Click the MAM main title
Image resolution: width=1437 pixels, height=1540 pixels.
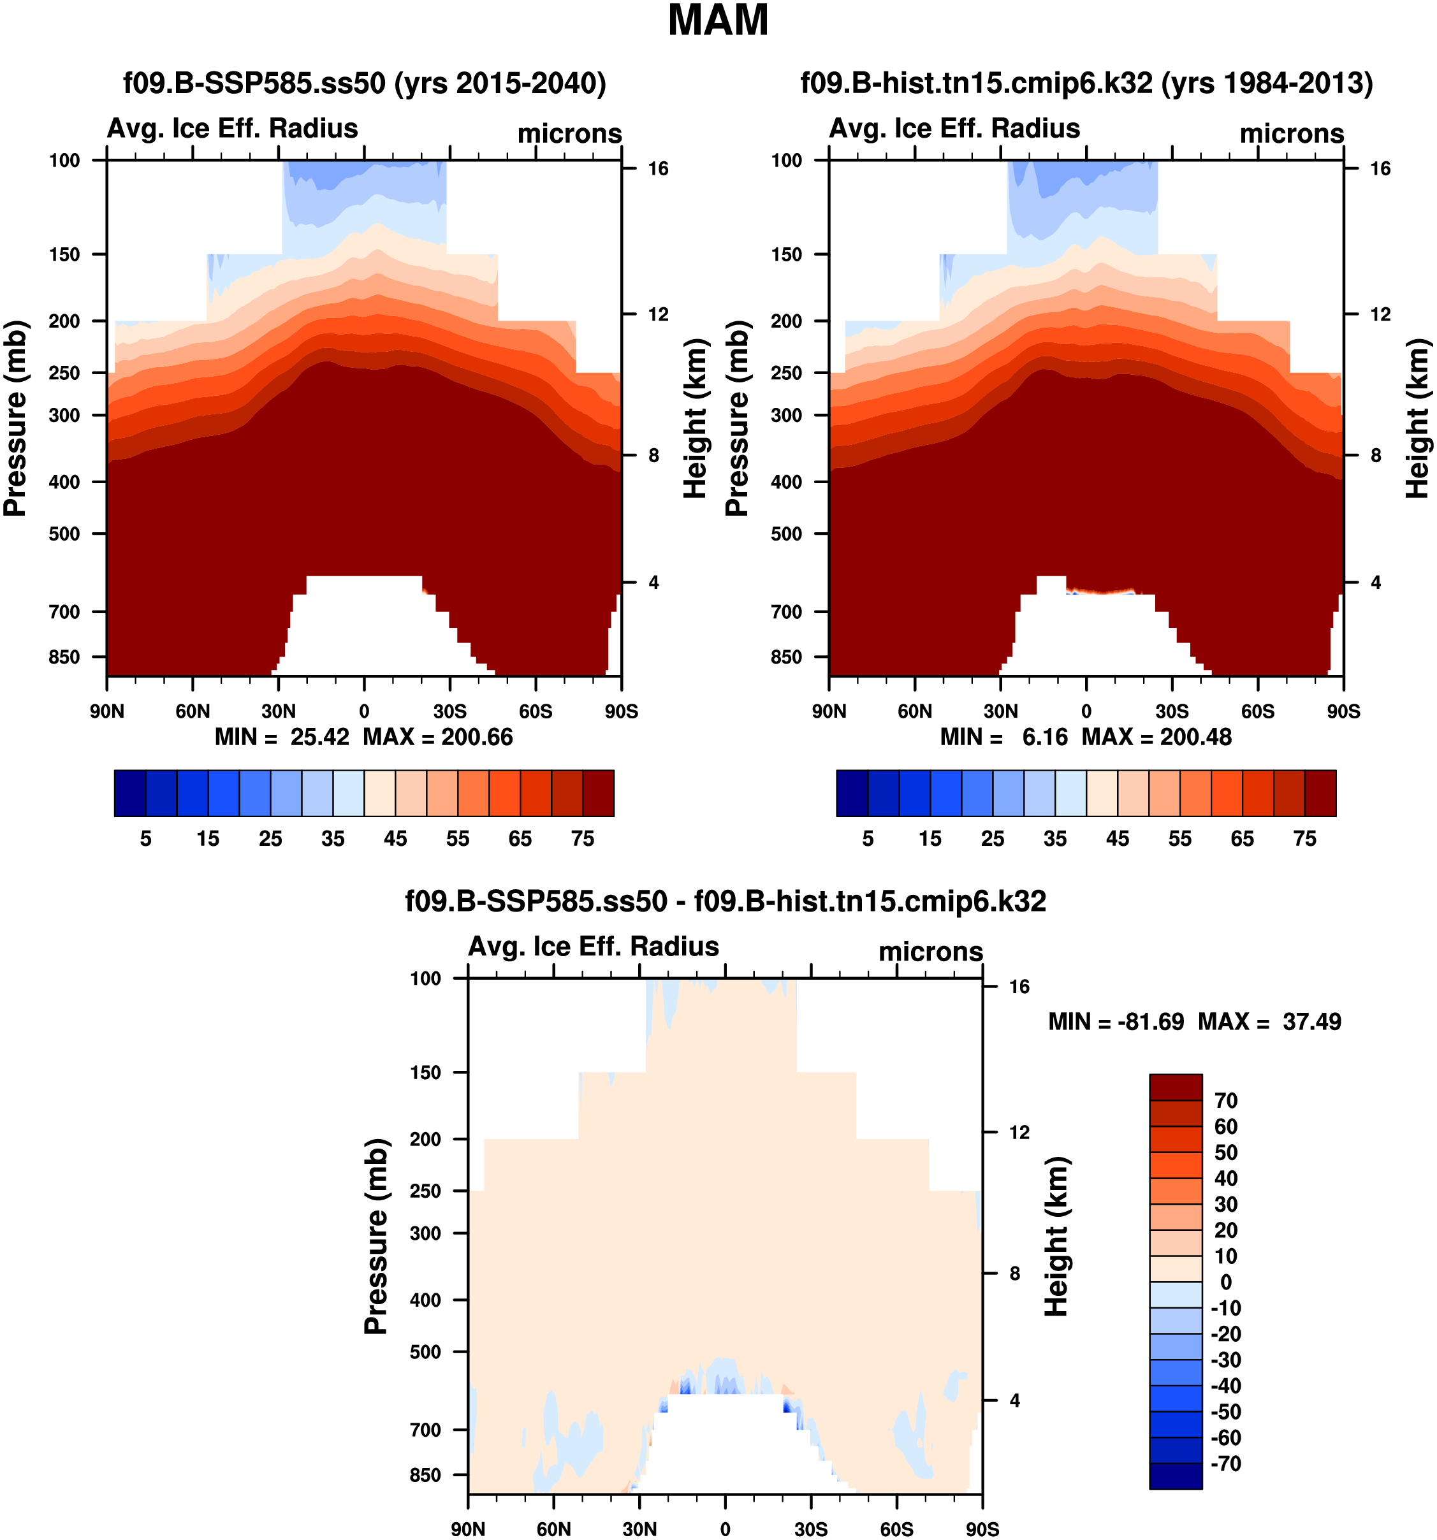717,21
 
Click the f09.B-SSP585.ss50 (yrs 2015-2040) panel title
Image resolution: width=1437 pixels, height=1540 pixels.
364,83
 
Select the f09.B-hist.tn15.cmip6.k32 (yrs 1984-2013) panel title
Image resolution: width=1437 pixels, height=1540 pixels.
1086,83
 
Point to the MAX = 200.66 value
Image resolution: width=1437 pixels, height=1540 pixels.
438,737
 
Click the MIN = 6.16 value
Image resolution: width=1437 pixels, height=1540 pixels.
1003,737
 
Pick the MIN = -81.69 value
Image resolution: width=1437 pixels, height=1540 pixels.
1116,1022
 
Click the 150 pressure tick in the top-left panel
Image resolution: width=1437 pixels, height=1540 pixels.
64,255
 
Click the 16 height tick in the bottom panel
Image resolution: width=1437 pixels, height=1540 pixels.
1019,987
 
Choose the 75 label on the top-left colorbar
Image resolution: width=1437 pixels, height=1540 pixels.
583,839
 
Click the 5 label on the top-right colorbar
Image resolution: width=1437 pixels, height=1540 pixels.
868,839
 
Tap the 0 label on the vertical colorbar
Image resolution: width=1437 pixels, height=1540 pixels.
1225,1282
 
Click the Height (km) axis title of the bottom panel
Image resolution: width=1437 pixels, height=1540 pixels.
1056,1237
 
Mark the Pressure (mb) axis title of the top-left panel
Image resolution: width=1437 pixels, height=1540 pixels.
15,418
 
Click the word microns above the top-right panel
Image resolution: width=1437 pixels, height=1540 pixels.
1292,134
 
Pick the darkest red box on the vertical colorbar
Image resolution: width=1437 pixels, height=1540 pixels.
1175,1087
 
